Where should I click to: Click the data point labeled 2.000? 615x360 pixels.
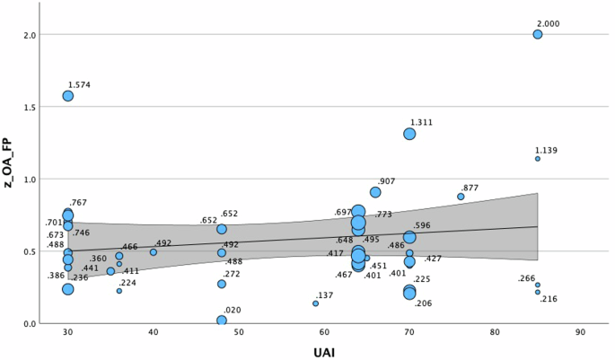538,34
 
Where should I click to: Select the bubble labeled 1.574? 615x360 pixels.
68,96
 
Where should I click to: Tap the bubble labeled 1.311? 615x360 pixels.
409,134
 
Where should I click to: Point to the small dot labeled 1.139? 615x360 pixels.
538,159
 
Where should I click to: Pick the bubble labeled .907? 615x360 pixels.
375,192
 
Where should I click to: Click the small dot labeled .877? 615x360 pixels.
461,197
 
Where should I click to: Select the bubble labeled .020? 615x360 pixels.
222,320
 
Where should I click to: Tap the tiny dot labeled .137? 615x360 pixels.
315,303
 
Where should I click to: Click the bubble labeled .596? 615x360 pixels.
409,238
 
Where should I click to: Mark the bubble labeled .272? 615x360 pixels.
222,284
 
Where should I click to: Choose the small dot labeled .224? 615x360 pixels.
119,291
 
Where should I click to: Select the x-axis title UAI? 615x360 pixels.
324,353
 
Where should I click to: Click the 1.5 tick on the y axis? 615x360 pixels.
28,107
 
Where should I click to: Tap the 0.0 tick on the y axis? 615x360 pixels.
28,323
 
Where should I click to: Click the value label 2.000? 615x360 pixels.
548,23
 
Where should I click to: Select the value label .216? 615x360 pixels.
549,299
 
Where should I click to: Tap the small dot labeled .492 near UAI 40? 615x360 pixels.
154,252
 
